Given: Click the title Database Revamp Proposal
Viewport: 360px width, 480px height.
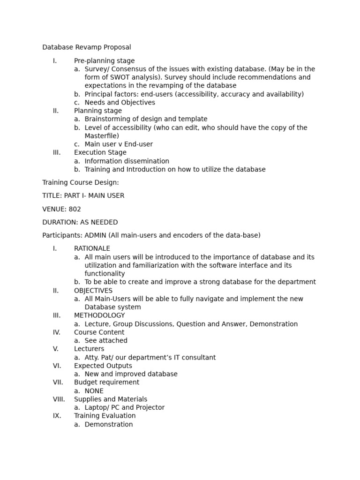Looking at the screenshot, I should click(x=87, y=47).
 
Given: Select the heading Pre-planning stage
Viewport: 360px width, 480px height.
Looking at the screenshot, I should click(x=104, y=61).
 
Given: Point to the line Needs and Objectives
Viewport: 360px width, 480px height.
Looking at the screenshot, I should click(x=120, y=103).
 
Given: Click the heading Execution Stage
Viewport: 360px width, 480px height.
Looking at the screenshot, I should click(x=100, y=153).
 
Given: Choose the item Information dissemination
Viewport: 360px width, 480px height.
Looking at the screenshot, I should click(x=127, y=161).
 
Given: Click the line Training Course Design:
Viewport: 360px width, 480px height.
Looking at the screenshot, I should click(x=81, y=183).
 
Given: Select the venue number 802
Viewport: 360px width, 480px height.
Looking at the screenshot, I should click(x=75, y=210).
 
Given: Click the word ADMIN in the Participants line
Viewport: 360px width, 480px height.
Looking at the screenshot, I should click(x=96, y=235).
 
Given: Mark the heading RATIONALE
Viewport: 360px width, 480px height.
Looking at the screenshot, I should click(x=92, y=248).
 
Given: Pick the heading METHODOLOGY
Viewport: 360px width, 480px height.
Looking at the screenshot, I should click(x=99, y=315).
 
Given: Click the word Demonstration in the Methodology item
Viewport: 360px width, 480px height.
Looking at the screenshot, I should click(x=276, y=324).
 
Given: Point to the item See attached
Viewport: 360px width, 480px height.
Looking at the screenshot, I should click(x=106, y=341).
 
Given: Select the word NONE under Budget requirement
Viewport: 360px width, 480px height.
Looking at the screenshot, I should click(x=94, y=391).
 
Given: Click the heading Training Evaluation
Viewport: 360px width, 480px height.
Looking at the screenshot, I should click(x=105, y=416).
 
